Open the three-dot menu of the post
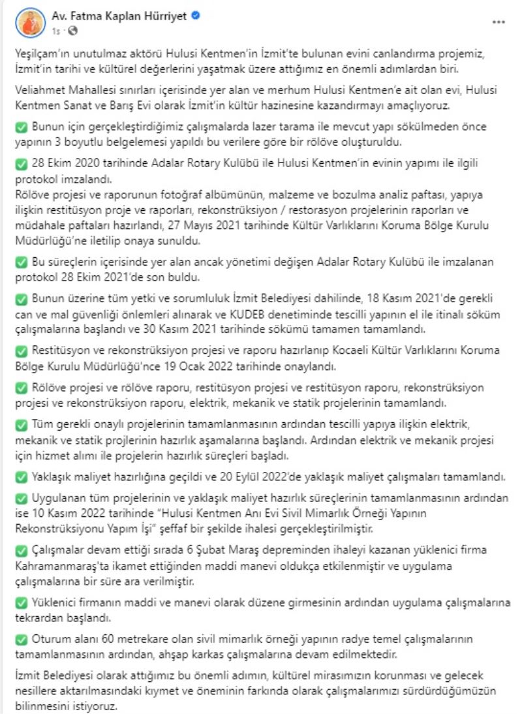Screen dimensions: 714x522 point(499,22)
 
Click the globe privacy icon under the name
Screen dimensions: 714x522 point(72,30)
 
